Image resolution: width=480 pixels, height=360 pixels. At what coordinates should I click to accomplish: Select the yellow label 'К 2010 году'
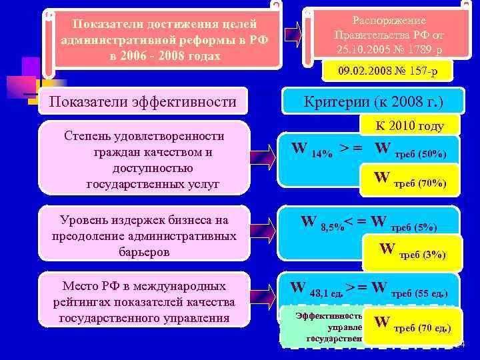click(409, 126)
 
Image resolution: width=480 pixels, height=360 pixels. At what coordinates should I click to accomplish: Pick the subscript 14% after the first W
click(322, 153)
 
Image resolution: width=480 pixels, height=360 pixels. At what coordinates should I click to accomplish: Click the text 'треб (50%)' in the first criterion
click(421, 154)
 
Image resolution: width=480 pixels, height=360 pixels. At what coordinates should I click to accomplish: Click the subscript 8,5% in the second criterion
click(331, 227)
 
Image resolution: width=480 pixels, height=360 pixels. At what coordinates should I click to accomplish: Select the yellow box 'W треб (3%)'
click(413, 251)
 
